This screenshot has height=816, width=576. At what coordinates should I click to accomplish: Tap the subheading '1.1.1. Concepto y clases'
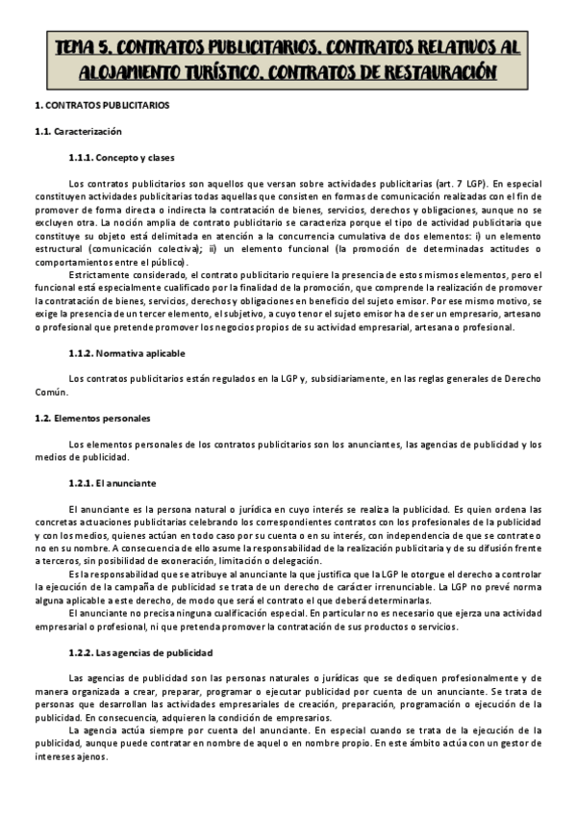[x=121, y=157]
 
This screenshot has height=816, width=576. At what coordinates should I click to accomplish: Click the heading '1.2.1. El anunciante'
[x=113, y=481]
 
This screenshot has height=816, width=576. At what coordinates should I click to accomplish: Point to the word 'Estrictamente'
[x=101, y=275]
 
